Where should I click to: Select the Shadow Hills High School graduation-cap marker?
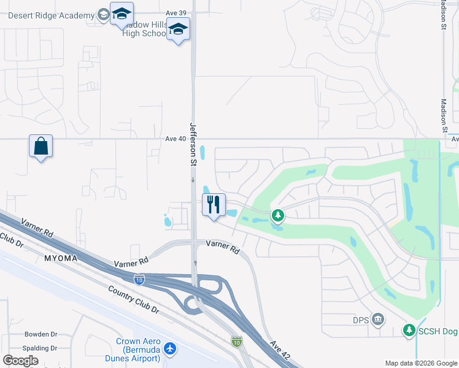[x=178, y=29]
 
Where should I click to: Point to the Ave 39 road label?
[x=176, y=12]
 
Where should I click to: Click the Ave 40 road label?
[x=175, y=139]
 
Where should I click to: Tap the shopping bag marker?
[x=40, y=147]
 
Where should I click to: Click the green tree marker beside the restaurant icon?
[x=278, y=215]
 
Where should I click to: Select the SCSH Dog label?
[x=438, y=331]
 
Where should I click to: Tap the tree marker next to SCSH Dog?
[x=409, y=331]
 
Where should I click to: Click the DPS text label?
[x=361, y=319]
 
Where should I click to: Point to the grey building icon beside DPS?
[x=378, y=318]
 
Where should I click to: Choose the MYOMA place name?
[x=61, y=258]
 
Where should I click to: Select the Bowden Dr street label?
[x=40, y=334]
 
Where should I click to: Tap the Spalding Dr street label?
[x=40, y=348]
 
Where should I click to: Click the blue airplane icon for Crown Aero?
[x=170, y=349]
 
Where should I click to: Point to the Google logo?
[x=20, y=361]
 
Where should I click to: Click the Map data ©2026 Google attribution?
[x=421, y=363]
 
